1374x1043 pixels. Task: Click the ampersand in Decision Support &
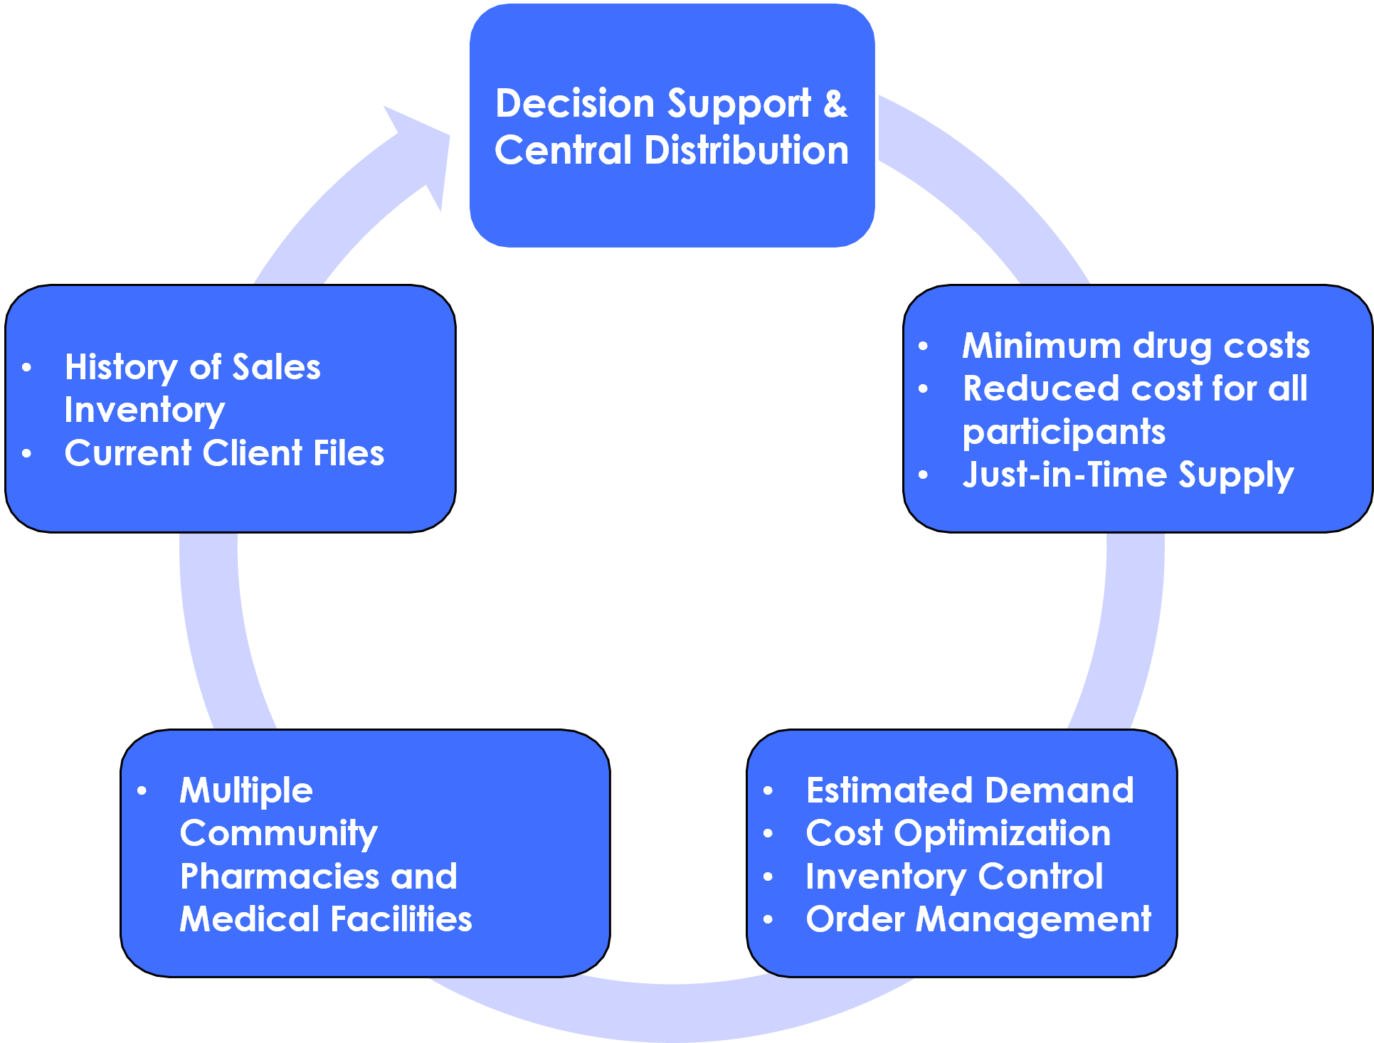click(835, 104)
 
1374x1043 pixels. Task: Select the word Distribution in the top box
click(746, 150)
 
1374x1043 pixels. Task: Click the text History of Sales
click(192, 367)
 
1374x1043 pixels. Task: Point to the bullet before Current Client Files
click(27, 453)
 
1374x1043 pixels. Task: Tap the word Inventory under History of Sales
click(144, 410)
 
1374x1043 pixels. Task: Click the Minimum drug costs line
click(1136, 346)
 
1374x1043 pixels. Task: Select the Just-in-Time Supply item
click(1128, 475)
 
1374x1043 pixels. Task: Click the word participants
click(1064, 432)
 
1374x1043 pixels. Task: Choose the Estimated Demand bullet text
click(970, 790)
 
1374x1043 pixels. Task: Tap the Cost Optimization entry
click(958, 833)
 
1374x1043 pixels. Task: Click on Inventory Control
click(954, 877)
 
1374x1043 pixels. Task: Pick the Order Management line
click(978, 919)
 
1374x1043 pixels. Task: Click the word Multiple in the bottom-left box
click(246, 790)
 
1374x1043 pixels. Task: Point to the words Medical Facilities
click(326, 919)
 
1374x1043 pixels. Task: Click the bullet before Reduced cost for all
click(924, 389)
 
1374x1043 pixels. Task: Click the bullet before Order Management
click(768, 920)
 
